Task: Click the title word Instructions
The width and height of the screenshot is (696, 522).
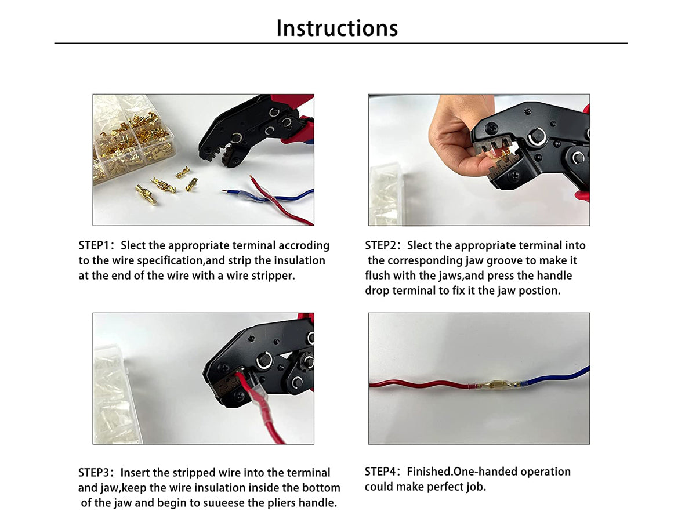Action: pos(337,28)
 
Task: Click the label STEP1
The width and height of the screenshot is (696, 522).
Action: pos(94,245)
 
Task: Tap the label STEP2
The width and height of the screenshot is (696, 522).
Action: pos(380,245)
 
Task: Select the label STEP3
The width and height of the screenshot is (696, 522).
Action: pos(94,473)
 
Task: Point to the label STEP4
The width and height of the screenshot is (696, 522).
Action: pos(380,472)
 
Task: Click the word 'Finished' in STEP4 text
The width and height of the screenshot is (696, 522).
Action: pos(430,472)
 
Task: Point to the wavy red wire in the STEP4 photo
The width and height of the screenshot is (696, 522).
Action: pos(419,385)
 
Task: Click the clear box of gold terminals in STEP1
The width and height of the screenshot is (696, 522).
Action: pos(133,139)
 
